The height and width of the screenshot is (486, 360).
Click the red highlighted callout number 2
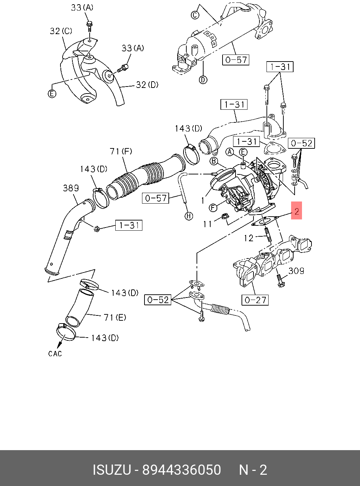pyautogui.click(x=296, y=211)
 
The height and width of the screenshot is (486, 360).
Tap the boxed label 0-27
pyautogui.click(x=255, y=300)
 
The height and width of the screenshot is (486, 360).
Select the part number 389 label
pyautogui.click(x=71, y=188)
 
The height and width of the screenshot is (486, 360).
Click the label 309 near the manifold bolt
pyautogui.click(x=296, y=271)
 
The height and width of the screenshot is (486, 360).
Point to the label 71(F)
pyautogui.click(x=121, y=152)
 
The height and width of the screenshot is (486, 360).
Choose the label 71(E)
pyautogui.click(x=115, y=318)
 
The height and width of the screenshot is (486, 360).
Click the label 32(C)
pyautogui.click(x=61, y=31)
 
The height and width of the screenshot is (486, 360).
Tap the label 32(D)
pyautogui.click(x=147, y=85)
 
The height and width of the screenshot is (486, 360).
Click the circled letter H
pyautogui.click(x=189, y=216)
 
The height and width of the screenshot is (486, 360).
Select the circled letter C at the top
pyautogui.click(x=195, y=15)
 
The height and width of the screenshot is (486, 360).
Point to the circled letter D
pyautogui.click(x=203, y=80)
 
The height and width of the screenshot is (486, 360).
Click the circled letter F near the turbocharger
pyautogui.click(x=213, y=207)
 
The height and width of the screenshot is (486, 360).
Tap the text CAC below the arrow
pyautogui.click(x=55, y=353)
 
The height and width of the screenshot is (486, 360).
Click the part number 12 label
pyautogui.click(x=248, y=238)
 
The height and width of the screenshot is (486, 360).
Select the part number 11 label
pyautogui.click(x=207, y=224)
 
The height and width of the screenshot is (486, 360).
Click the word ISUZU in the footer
pyautogui.click(x=112, y=470)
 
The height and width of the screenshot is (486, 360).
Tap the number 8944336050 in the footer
pyautogui.click(x=181, y=470)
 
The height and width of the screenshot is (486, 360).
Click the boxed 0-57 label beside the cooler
pyautogui.click(x=236, y=60)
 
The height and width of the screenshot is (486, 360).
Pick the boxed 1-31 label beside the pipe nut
pyautogui.click(x=129, y=225)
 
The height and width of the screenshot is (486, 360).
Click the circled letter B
pyautogui.click(x=213, y=161)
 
